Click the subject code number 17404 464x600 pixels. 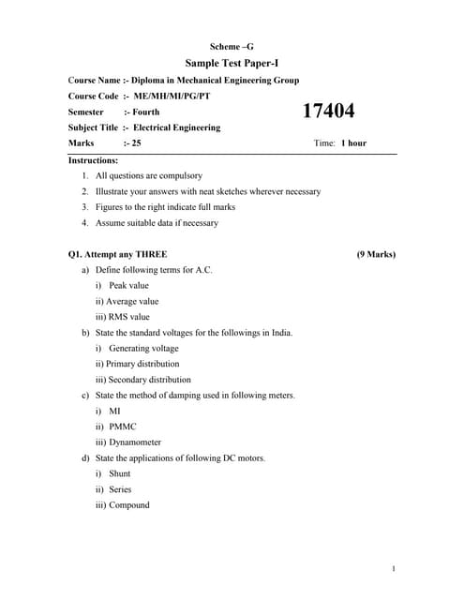(x=328, y=112)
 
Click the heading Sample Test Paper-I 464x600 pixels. (x=232, y=63)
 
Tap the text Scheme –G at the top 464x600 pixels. (x=232, y=46)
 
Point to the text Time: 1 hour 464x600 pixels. (x=340, y=143)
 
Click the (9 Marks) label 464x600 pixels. (x=376, y=254)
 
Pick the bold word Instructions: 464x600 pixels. (x=94, y=160)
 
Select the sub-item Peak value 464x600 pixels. (x=128, y=285)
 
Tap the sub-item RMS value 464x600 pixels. (x=129, y=317)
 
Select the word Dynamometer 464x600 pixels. (x=135, y=442)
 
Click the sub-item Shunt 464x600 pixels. (x=120, y=473)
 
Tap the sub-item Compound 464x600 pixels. (x=129, y=505)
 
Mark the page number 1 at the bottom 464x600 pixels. (x=395, y=568)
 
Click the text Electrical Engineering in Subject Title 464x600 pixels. (x=177, y=127)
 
